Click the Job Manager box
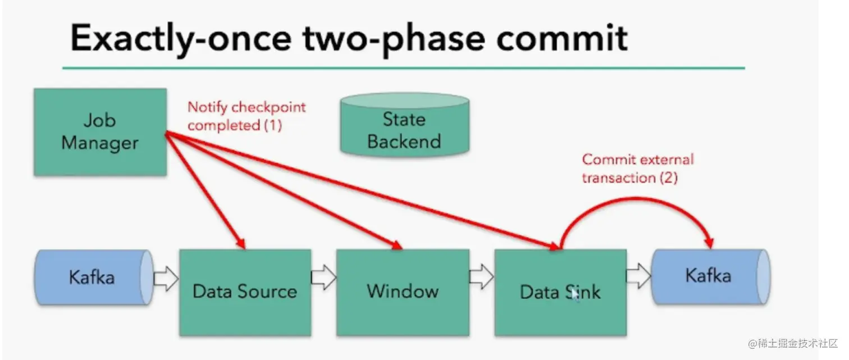coord(100,132)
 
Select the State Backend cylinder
coord(404,125)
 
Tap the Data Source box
coord(245,292)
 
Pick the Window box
coord(403,292)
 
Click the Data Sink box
coord(560,292)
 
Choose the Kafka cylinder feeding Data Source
coord(94,277)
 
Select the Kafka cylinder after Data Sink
coord(711,276)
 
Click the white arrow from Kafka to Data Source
coord(166,279)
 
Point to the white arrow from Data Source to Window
coord(323,277)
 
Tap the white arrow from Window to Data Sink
coord(482,277)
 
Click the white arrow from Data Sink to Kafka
coord(638,276)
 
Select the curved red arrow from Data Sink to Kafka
coord(637,198)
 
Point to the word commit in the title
coord(562,38)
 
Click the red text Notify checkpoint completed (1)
coord(247,116)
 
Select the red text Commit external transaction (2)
coord(638,168)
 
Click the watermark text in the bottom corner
coord(793,343)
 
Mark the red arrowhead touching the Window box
coord(396,245)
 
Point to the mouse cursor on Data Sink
coord(576,295)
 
